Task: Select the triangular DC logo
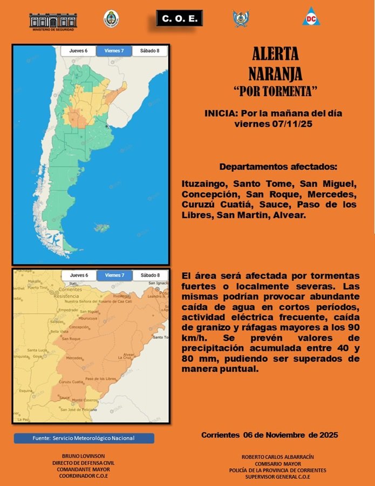(311, 17)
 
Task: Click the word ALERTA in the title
(275, 54)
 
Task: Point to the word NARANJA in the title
(275, 73)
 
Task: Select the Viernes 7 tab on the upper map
(114, 51)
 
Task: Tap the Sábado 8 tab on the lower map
(149, 275)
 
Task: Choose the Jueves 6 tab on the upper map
(78, 51)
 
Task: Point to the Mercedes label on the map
(74, 358)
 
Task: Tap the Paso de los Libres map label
(100, 379)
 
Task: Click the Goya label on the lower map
(37, 356)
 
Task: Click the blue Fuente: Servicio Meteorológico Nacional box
(84, 438)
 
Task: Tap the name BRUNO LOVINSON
(83, 456)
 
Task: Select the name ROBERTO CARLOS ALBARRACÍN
(277, 456)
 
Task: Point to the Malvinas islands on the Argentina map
(101, 227)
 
